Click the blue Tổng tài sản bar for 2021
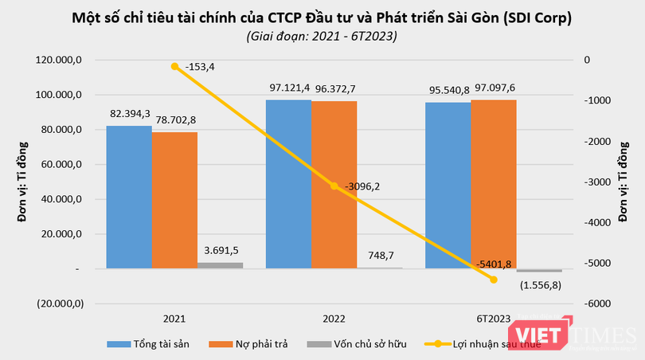click(x=129, y=197)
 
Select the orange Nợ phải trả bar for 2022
click(x=334, y=185)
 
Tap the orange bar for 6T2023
click(x=494, y=184)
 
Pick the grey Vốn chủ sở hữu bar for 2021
click(x=220, y=266)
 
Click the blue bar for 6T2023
click(x=448, y=186)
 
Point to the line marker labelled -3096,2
click(x=334, y=186)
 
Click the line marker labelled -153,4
click(x=174, y=66)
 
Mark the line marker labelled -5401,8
click(x=494, y=280)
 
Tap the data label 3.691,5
click(x=221, y=250)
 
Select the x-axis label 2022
click(x=334, y=319)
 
